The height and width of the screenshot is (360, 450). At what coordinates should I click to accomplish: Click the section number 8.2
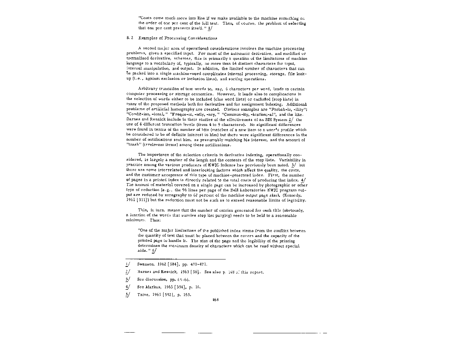pos(129,38)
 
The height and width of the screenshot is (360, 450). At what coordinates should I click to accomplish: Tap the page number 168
pos(216,300)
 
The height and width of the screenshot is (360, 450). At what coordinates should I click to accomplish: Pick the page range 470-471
pos(199,264)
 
